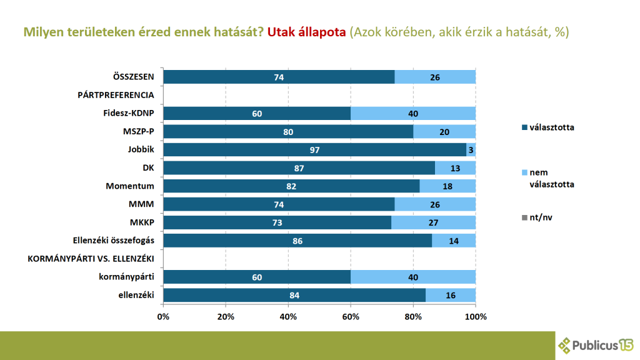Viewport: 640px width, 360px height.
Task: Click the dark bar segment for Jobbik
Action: [314, 150]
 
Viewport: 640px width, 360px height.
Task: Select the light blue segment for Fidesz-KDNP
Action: [413, 113]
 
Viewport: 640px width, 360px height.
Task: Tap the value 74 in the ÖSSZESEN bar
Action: [279, 77]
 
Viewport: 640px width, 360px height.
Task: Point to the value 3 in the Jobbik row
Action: [471, 150]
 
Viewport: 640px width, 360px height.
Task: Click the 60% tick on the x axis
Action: [351, 317]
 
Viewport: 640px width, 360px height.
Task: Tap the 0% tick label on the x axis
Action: [163, 317]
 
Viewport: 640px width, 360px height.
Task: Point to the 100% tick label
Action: [476, 317]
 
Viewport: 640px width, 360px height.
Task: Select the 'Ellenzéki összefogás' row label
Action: [114, 241]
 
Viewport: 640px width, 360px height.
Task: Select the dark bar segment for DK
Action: [299, 168]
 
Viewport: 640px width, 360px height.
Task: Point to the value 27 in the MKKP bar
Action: [434, 222]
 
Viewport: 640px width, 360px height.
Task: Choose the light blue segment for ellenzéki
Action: [451, 295]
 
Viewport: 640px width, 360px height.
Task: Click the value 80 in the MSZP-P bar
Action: [288, 131]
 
